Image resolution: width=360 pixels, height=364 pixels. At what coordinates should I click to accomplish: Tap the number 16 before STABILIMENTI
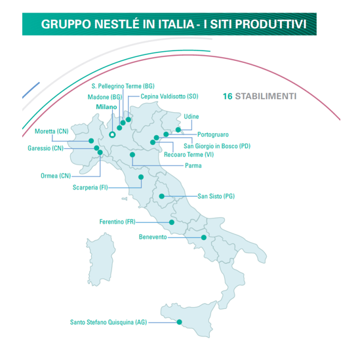(x=228, y=96)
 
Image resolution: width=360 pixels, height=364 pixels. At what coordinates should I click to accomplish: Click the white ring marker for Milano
(x=112, y=134)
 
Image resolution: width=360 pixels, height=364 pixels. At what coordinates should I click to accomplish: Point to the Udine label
(x=191, y=117)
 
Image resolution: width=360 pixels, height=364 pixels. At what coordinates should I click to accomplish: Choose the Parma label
(x=193, y=165)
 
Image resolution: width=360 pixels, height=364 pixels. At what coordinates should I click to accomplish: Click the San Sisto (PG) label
(x=216, y=196)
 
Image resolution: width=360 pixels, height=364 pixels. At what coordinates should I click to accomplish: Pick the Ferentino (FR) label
(x=121, y=222)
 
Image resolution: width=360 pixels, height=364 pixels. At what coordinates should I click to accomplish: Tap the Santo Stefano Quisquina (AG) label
(x=109, y=322)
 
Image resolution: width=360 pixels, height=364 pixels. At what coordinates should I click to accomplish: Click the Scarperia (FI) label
(x=90, y=188)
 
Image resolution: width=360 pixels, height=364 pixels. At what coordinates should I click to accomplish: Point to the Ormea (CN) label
(x=55, y=176)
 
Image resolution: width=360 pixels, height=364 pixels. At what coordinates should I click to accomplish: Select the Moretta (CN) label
(x=52, y=131)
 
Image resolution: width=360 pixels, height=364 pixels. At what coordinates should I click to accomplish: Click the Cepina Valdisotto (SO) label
(x=169, y=96)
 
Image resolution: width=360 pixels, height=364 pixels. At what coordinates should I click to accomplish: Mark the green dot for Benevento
(x=204, y=237)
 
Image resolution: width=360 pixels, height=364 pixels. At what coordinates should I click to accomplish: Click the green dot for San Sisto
(x=161, y=195)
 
